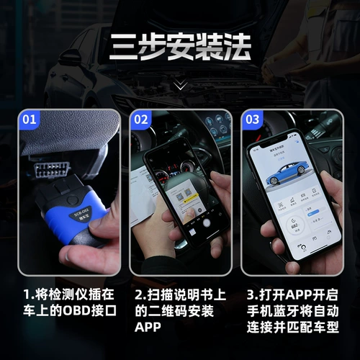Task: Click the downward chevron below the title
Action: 180,85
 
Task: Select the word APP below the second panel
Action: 147,328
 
